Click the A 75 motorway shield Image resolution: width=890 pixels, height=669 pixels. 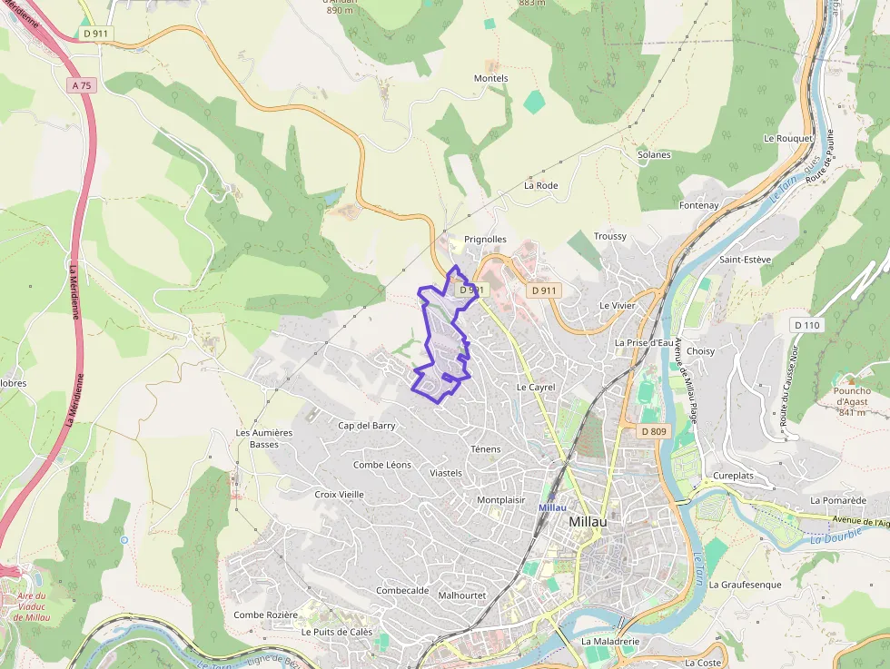[82, 85]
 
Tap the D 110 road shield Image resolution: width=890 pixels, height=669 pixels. [806, 325]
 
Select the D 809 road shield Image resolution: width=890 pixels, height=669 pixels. [652, 431]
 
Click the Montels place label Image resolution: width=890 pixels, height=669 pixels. [491, 79]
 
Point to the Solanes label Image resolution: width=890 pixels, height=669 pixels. [654, 155]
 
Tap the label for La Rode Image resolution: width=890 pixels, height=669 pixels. [540, 185]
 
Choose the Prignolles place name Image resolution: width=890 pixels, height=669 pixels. [485, 240]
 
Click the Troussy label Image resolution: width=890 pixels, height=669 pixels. [610, 237]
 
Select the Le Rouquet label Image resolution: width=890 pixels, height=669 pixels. [787, 139]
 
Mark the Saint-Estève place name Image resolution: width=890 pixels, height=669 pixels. [744, 260]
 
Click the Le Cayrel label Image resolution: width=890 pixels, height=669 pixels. [535, 387]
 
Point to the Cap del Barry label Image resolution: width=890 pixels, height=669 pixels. [367, 426]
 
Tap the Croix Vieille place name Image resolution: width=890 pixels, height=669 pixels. [339, 495]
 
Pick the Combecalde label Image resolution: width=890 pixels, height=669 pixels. [402, 590]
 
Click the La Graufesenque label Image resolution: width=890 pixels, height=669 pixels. [745, 585]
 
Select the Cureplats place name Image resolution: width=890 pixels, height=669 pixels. [734, 476]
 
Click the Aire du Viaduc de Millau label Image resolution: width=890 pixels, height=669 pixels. [31, 606]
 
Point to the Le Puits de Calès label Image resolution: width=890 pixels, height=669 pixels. [337, 632]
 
